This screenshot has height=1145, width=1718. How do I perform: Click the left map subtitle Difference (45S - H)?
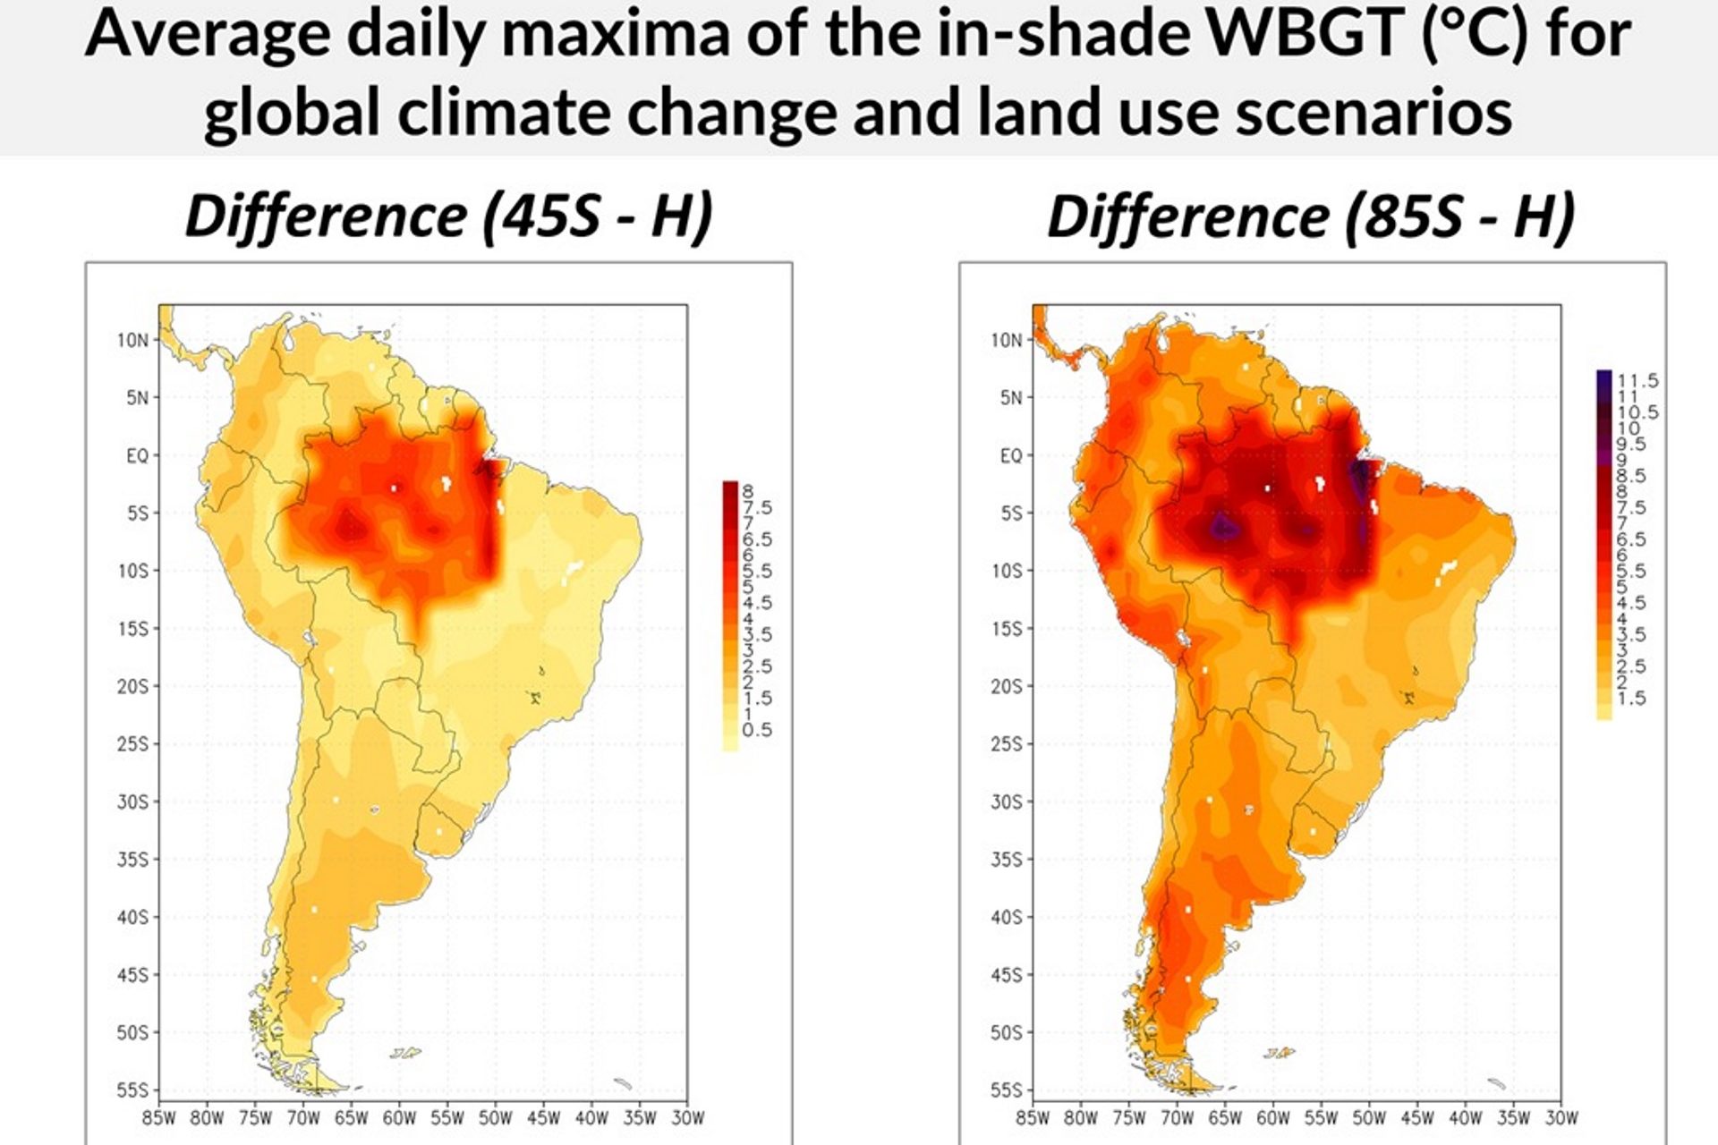[448, 216]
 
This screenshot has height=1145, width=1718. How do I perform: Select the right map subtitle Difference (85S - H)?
[1311, 216]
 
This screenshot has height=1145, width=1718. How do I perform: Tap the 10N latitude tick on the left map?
[133, 340]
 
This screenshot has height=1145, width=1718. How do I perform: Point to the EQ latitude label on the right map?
[1010, 455]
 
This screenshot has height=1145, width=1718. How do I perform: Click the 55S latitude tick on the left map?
[133, 1090]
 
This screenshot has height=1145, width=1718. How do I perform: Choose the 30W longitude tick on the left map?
[687, 1117]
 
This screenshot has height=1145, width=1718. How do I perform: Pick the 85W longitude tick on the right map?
[1033, 1117]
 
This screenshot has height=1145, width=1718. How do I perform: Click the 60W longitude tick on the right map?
[1272, 1117]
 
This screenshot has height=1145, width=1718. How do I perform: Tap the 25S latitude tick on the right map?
[1007, 744]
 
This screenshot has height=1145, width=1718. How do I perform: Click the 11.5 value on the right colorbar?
[1637, 381]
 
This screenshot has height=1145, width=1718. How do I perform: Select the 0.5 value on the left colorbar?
[757, 730]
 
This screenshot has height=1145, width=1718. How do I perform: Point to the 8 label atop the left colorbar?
[747, 490]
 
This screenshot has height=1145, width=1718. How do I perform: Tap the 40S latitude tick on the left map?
[133, 917]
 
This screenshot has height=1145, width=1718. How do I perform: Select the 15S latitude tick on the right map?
[1007, 629]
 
